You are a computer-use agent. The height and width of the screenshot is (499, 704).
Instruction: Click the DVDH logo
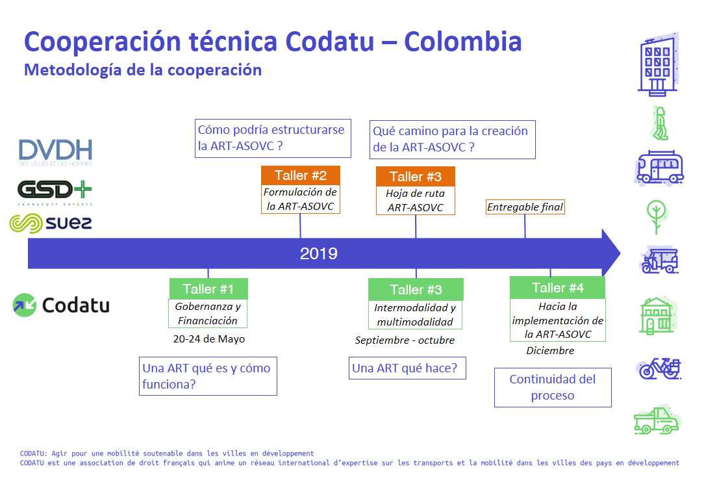pos(55,152)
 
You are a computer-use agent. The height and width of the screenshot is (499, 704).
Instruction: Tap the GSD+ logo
pos(55,192)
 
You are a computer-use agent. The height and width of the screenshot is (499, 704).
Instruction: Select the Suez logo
pos(51,224)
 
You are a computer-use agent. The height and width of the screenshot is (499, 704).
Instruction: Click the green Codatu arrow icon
pos(24,305)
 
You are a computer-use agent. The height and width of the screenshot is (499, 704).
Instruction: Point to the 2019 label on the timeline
pos(318,254)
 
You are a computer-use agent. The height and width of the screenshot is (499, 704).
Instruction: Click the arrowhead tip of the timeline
pos(620,253)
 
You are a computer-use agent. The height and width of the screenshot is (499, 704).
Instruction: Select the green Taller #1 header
pos(208,288)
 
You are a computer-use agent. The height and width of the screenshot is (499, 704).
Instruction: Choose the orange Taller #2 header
pos(300,175)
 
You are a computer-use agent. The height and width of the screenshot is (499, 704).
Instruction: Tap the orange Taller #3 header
pos(415,177)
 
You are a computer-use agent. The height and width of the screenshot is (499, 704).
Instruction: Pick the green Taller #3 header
pos(416,290)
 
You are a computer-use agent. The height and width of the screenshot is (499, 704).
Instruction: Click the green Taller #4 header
pos(558,287)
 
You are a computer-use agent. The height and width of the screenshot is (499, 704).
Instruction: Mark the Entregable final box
pos(525,207)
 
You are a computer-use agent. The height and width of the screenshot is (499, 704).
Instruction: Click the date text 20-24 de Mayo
pos(208,339)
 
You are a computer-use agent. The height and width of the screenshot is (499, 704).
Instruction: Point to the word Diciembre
pos(550,351)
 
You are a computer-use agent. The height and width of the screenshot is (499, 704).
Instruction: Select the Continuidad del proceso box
pos(553,388)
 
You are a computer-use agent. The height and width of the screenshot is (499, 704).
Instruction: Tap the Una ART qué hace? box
pos(407,368)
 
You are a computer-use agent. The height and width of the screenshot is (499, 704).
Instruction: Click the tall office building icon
pos(658,64)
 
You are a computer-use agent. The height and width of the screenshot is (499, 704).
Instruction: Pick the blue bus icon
pos(659,168)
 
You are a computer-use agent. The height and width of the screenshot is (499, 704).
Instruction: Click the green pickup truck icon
pos(657,420)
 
